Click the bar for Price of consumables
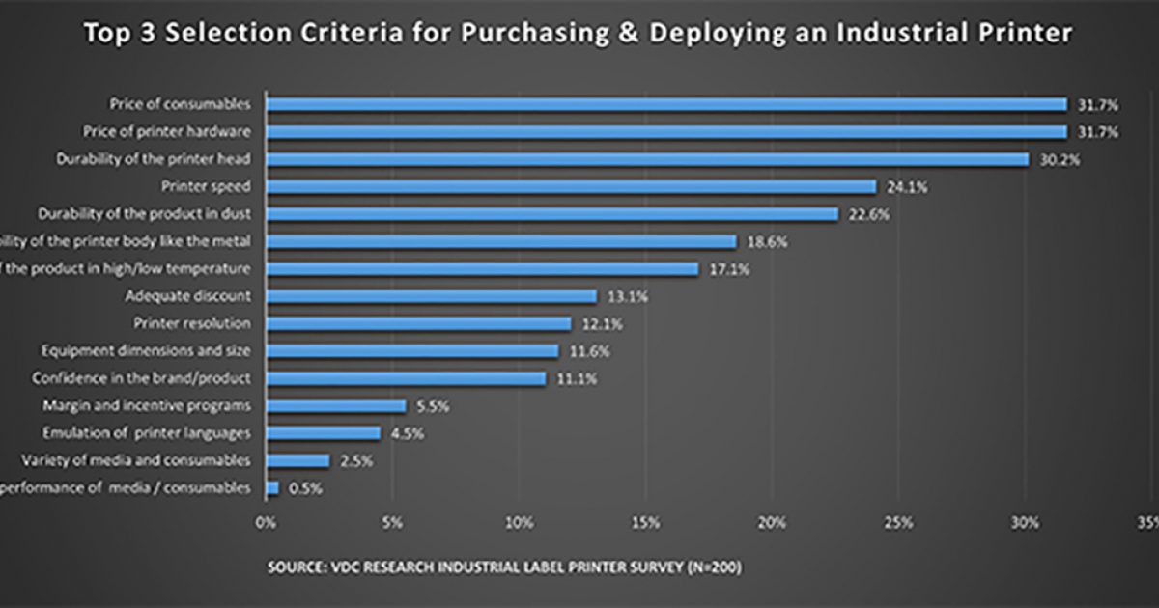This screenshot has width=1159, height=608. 666,104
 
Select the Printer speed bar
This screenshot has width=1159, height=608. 571,186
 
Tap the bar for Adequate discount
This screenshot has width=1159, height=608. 432,296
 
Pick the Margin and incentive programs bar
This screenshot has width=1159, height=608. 336,406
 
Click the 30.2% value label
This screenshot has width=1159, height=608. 1060,159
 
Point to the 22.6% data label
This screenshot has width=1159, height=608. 869,214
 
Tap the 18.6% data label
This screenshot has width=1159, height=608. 767,242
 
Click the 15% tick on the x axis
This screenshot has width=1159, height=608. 645,523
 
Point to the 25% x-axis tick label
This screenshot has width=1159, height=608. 898,523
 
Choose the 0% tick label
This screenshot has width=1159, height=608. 266,523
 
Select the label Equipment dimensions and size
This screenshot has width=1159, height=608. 146,351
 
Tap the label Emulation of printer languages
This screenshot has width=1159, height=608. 147,433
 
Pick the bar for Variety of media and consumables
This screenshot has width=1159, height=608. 297,461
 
